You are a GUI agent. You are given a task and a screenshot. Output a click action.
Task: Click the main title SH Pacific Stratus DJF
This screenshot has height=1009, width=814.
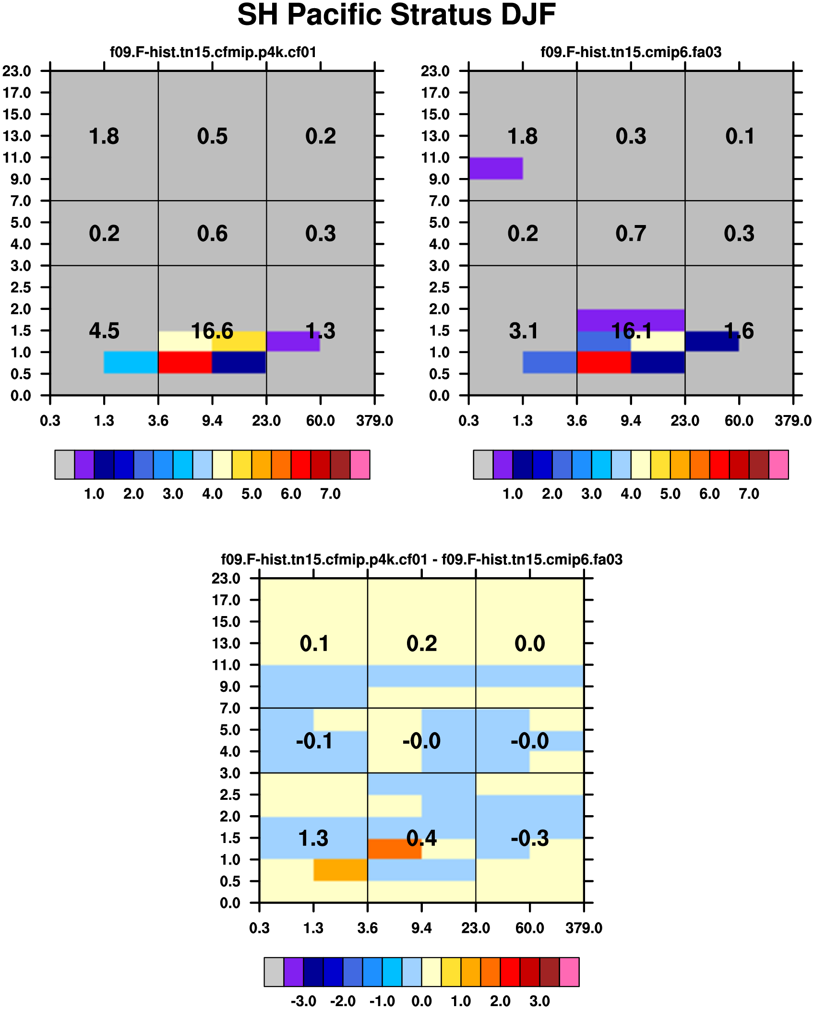(396, 15)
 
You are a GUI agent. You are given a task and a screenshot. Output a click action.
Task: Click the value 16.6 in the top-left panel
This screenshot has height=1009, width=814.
(212, 331)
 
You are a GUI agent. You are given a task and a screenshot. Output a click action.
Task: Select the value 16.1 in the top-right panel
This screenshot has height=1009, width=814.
(631, 331)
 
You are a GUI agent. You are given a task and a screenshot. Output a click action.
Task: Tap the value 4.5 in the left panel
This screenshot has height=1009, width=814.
(104, 331)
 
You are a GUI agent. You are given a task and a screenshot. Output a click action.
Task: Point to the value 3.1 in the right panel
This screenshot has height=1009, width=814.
(523, 331)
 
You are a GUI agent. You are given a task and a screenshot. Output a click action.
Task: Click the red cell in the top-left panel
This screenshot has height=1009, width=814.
(185, 362)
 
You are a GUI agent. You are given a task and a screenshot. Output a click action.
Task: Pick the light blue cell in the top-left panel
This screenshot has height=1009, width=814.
(131, 362)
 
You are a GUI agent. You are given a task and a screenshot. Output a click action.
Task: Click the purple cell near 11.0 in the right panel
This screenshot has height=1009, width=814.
(496, 168)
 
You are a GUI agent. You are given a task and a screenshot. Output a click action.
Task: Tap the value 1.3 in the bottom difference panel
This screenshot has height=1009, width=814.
(313, 838)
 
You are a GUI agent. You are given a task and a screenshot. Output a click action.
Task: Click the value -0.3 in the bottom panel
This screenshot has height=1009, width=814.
(530, 838)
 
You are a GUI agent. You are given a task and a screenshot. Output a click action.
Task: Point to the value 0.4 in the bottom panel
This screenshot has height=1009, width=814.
(421, 838)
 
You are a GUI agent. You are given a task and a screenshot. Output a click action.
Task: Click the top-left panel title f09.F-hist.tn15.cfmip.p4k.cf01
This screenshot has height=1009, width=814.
(213, 52)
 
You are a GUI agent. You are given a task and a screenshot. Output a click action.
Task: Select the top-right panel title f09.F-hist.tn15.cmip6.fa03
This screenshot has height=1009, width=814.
(631, 52)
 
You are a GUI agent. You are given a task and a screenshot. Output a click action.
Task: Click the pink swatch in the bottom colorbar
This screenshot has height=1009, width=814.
(569, 972)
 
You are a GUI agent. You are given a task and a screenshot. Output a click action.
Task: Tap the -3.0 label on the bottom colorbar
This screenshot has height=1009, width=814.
(303, 1001)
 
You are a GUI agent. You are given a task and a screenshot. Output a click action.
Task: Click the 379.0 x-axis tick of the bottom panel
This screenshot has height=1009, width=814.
(584, 928)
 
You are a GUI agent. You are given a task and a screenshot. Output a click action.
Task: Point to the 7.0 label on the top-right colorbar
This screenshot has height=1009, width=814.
(749, 494)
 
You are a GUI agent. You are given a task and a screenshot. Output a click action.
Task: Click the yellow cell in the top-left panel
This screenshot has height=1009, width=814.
(239, 341)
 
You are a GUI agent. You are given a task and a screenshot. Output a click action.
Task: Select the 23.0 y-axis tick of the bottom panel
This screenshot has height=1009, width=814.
(226, 578)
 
